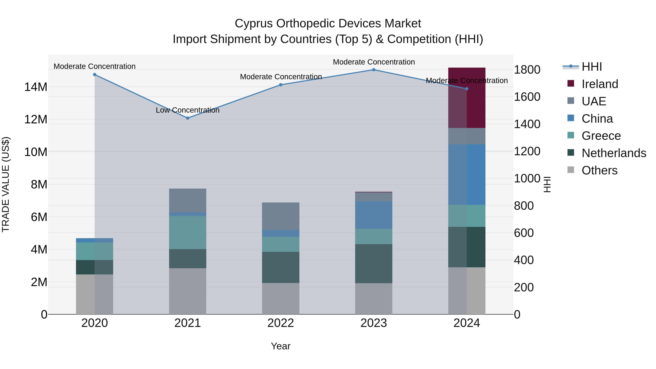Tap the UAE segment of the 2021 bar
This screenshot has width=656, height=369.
pyautogui.click(x=188, y=200)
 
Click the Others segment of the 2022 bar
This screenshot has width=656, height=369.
pyautogui.click(x=281, y=298)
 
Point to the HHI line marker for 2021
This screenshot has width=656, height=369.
pyautogui.click(x=188, y=118)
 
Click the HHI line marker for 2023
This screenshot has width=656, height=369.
pyautogui.click(x=374, y=70)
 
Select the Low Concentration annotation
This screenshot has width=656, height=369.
pyautogui.click(x=188, y=110)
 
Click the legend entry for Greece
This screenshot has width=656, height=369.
pyautogui.click(x=601, y=136)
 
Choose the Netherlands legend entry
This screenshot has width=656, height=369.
pyautogui.click(x=614, y=153)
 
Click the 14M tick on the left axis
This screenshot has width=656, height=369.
pyautogui.click(x=36, y=87)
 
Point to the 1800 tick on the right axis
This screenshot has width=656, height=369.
pyautogui.click(x=527, y=70)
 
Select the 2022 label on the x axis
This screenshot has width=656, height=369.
pyautogui.click(x=281, y=323)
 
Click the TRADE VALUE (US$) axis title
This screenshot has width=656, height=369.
pyautogui.click(x=6, y=184)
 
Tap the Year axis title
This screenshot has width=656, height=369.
pyautogui.click(x=281, y=346)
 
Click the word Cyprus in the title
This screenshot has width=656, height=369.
pyautogui.click(x=254, y=24)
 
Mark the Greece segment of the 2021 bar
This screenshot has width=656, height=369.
pyautogui.click(x=188, y=233)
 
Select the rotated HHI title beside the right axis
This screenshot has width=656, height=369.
pyautogui.click(x=547, y=184)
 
